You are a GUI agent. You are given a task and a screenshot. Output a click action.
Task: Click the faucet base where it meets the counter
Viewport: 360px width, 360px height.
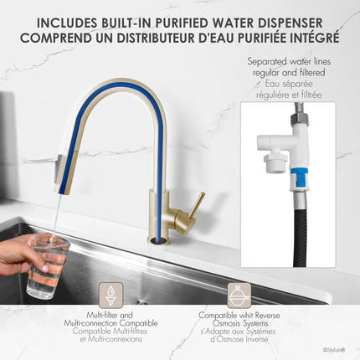pyautogui.click(x=158, y=238)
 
